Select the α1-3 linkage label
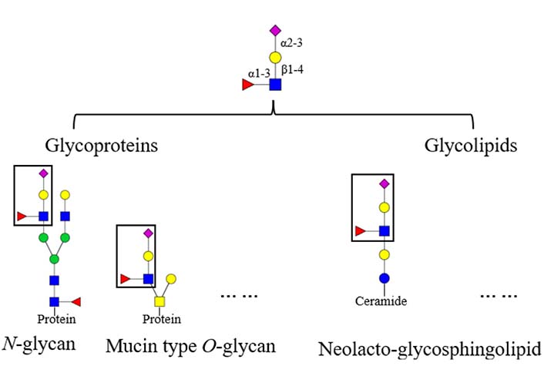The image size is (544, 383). [x=257, y=73]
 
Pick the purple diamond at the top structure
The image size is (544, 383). [x=274, y=31]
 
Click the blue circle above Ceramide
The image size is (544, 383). [x=384, y=277]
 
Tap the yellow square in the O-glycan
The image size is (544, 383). [x=161, y=301]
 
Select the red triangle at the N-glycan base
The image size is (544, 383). [x=76, y=301]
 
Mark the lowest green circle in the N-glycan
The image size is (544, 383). [x=55, y=258]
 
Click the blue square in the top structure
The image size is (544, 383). [x=274, y=84]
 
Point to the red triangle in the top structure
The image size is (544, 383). [x=247, y=84]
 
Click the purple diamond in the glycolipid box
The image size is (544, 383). [x=384, y=183]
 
